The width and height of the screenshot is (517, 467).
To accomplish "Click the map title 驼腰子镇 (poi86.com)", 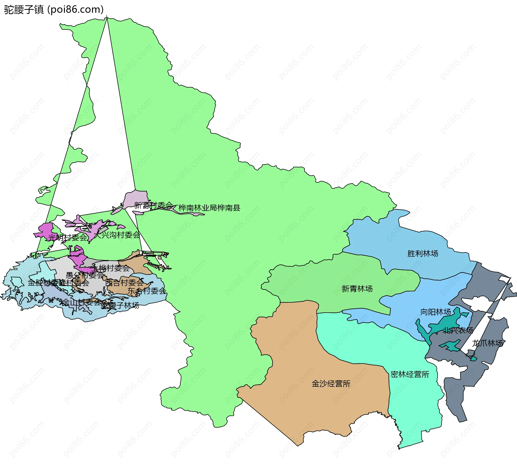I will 54,10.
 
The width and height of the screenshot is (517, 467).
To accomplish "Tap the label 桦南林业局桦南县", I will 209,208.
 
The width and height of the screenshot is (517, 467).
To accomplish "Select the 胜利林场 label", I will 422,254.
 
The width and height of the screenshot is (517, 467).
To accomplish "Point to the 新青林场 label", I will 357,289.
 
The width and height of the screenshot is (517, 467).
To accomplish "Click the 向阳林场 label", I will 435,312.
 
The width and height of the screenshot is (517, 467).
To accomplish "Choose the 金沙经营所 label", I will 331,384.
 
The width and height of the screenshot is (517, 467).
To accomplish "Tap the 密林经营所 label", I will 410,375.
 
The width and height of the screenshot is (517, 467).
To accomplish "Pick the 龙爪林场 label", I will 487,343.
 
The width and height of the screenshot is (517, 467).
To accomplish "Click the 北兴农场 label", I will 458,330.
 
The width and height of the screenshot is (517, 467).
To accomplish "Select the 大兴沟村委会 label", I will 117,235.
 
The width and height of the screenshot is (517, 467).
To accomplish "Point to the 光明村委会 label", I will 68,237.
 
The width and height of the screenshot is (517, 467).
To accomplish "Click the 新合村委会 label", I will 153,206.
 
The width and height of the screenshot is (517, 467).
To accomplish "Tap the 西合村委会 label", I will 124,283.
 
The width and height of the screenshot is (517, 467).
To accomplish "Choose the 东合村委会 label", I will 147,291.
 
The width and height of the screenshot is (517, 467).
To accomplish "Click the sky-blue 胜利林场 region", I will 399,243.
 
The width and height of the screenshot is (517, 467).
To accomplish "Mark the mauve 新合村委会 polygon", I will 136,198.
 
